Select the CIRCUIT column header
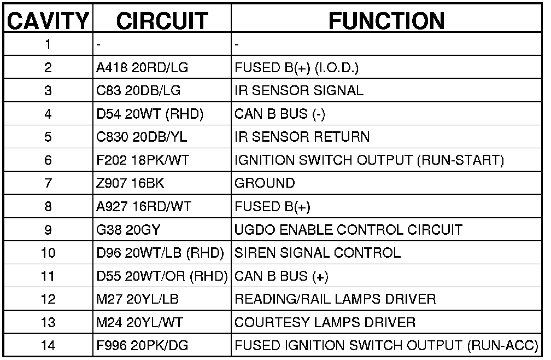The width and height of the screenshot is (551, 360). pos(162,20)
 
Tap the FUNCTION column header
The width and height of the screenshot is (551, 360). pos(386,20)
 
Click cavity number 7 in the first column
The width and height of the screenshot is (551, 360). pos(48,183)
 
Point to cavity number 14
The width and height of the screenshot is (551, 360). pos(48,346)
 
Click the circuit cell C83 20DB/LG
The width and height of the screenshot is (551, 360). pos(138,91)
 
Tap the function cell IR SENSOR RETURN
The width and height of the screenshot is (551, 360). pos(302,137)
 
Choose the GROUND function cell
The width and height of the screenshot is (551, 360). pos(265,183)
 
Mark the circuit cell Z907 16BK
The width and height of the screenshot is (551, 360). pos(130,183)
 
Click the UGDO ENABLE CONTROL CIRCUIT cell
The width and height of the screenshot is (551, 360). pos(348,230)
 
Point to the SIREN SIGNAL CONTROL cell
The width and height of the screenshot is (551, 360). pos(317,253)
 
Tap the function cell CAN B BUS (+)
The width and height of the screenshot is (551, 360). pos(282,276)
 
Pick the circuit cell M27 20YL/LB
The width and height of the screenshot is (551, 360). pos(137,299)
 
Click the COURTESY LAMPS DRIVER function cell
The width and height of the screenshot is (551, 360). pos(325,322)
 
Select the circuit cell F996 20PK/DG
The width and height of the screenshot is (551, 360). pos(140,346)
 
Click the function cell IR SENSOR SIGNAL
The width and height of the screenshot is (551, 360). pos(299,91)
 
